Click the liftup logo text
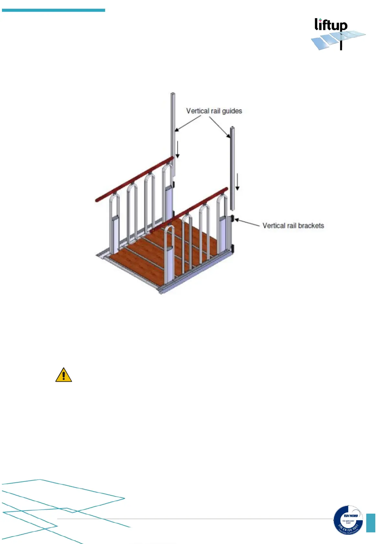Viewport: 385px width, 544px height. pos(331,25)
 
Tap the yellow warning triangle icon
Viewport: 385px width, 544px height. pos(64,375)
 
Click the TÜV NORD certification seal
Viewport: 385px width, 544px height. pos(348,520)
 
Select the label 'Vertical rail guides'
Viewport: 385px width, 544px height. pos(214,111)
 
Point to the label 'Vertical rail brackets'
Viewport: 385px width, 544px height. pos(293,225)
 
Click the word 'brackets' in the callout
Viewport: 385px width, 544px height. pos(311,225)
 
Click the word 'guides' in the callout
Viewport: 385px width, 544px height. pos(232,111)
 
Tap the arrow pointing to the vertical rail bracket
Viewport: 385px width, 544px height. pos(248,223)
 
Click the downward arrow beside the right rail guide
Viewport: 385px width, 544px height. pos(237,182)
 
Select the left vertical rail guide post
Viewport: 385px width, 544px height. pos(173,129)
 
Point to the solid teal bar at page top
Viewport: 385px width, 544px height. pos(53,10)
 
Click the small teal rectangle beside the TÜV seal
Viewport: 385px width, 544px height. pos(370,523)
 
